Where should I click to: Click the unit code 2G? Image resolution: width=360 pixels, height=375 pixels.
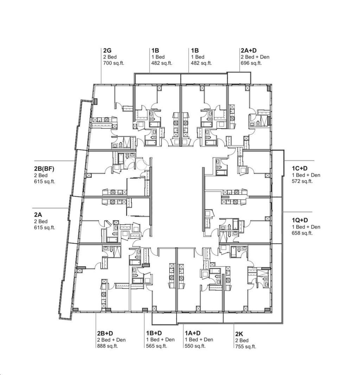[107, 51]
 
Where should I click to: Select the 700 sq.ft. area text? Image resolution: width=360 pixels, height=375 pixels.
[114, 63]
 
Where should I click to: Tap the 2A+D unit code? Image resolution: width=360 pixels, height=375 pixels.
[249, 51]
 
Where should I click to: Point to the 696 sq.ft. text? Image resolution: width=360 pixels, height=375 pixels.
[251, 63]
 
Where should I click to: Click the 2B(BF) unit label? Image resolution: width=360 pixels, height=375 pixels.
[44, 169]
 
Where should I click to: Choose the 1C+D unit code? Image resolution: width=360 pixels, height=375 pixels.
[300, 169]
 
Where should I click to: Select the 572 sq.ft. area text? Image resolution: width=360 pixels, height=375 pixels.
[302, 181]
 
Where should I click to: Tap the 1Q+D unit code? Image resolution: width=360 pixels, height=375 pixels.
[300, 220]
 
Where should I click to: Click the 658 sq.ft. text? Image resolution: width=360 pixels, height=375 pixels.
[302, 233]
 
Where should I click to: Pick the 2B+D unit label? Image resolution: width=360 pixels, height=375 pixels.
[105, 333]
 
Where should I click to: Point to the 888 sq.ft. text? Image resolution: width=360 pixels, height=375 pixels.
[108, 346]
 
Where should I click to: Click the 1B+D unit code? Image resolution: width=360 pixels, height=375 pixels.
[154, 333]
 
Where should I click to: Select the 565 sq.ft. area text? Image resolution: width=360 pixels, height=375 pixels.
[157, 346]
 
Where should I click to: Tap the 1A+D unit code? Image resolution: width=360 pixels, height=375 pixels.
[193, 333]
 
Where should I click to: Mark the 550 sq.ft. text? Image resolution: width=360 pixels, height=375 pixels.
[195, 346]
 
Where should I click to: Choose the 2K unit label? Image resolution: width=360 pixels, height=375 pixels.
[239, 334]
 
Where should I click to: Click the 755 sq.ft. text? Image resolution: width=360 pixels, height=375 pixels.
[246, 347]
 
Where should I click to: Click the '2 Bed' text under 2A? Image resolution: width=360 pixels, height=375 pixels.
[41, 222]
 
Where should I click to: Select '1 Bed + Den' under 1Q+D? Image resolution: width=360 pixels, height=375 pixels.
[306, 227]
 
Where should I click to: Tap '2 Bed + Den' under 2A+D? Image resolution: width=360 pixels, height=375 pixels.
[255, 57]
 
